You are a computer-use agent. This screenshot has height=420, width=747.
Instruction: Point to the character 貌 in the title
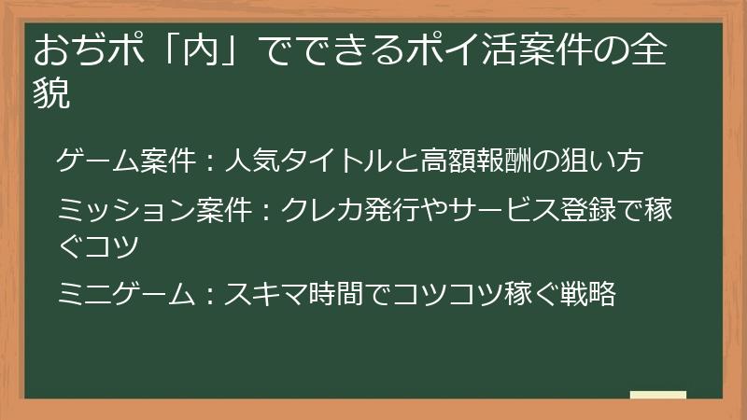point(51,94)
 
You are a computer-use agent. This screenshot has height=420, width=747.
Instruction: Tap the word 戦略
point(591,295)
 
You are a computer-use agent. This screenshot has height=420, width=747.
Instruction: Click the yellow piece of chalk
point(658,396)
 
